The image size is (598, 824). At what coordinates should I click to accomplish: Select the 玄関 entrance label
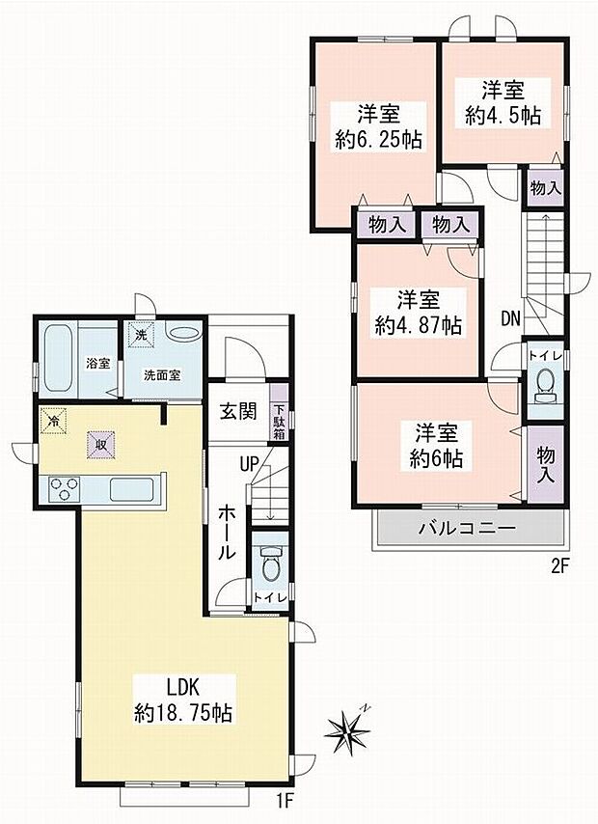(238, 411)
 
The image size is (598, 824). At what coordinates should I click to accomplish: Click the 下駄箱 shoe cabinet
(279, 413)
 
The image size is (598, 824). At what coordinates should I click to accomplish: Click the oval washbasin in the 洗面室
(182, 333)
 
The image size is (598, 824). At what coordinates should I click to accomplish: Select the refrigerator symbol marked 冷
(54, 421)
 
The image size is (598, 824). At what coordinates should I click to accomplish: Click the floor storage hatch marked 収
(101, 445)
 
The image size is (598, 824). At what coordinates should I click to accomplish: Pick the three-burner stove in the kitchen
(64, 489)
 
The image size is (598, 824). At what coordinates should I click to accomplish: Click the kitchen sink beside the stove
(131, 489)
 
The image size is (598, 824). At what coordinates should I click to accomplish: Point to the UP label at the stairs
(250, 464)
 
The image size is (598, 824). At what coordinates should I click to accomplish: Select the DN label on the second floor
(510, 318)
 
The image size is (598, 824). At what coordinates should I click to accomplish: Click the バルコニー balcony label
(467, 528)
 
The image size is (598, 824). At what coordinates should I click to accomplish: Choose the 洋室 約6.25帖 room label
(378, 126)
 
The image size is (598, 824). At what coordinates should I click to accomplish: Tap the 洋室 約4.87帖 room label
(419, 313)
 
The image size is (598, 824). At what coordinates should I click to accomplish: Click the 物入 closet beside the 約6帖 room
(546, 464)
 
